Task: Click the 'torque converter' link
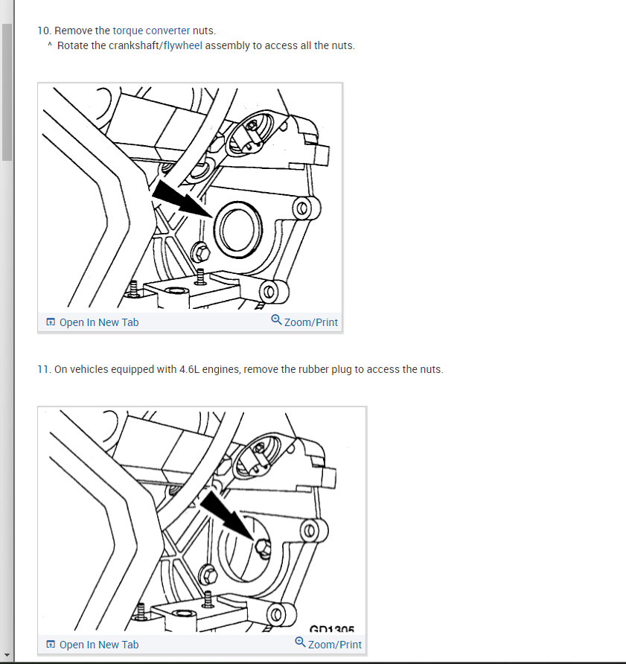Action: [151, 31]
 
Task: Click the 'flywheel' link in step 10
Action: [183, 45]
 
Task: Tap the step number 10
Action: [44, 31]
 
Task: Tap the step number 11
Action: [44, 369]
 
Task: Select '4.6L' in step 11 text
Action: [189, 369]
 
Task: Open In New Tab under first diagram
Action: [92, 322]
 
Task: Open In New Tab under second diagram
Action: [92, 645]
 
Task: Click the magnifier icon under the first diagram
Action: [276, 320]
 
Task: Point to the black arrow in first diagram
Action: [182, 199]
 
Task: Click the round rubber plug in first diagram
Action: [238, 229]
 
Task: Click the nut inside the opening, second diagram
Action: [263, 548]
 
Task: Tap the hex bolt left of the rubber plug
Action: [201, 253]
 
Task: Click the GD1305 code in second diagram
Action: [332, 628]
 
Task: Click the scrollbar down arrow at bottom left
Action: [7, 655]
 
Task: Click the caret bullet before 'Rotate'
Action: [50, 44]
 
